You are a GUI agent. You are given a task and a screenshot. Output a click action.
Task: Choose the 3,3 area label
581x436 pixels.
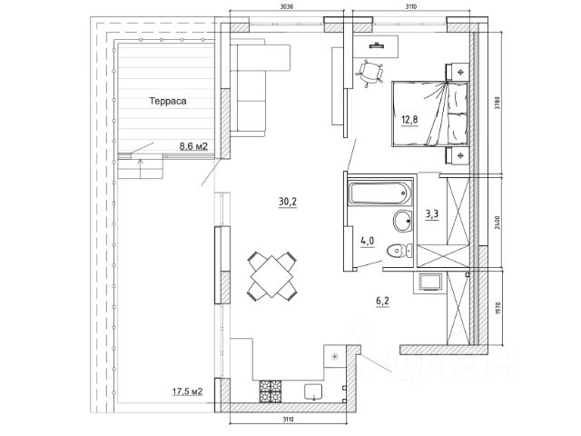(434, 215)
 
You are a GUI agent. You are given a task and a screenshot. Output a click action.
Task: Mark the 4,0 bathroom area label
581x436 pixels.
(369, 242)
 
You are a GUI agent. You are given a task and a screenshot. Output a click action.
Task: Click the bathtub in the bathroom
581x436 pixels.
(379, 192)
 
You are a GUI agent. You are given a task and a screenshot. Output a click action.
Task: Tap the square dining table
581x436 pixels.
(269, 276)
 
